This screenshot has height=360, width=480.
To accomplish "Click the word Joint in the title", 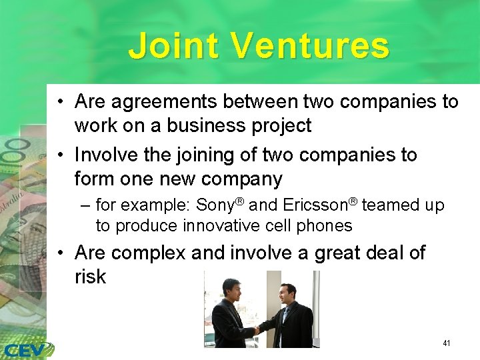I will tap(174, 46).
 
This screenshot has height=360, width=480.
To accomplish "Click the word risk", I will tap(90, 277).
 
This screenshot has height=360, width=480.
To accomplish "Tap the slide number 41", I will tap(446, 343).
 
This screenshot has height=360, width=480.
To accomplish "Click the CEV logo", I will tap(27, 349).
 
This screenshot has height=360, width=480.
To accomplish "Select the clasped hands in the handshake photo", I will tap(257, 329).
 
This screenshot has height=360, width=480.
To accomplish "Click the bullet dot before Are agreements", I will tap(61, 102).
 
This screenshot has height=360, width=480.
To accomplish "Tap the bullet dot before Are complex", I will tap(61, 254).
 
